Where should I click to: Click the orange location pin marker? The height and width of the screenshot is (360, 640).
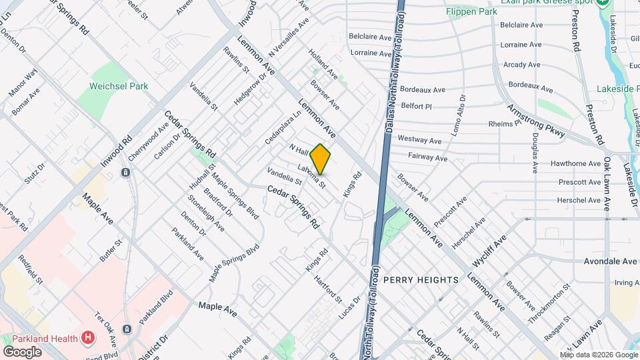pos(321,159)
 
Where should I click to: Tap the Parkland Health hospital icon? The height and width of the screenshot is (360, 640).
pos(88,338)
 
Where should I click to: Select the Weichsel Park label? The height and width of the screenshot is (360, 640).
pos(119,86)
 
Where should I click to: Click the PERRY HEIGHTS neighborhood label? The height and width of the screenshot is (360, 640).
pos(421,280)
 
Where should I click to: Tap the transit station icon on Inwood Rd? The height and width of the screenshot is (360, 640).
pos(125,173)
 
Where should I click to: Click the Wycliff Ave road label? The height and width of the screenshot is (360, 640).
pos(490,247)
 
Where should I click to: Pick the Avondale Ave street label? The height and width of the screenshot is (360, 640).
pos(607,262)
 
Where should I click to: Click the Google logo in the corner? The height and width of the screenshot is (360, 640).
pos(23,351)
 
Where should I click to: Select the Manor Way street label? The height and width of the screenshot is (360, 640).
pos(23,83)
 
